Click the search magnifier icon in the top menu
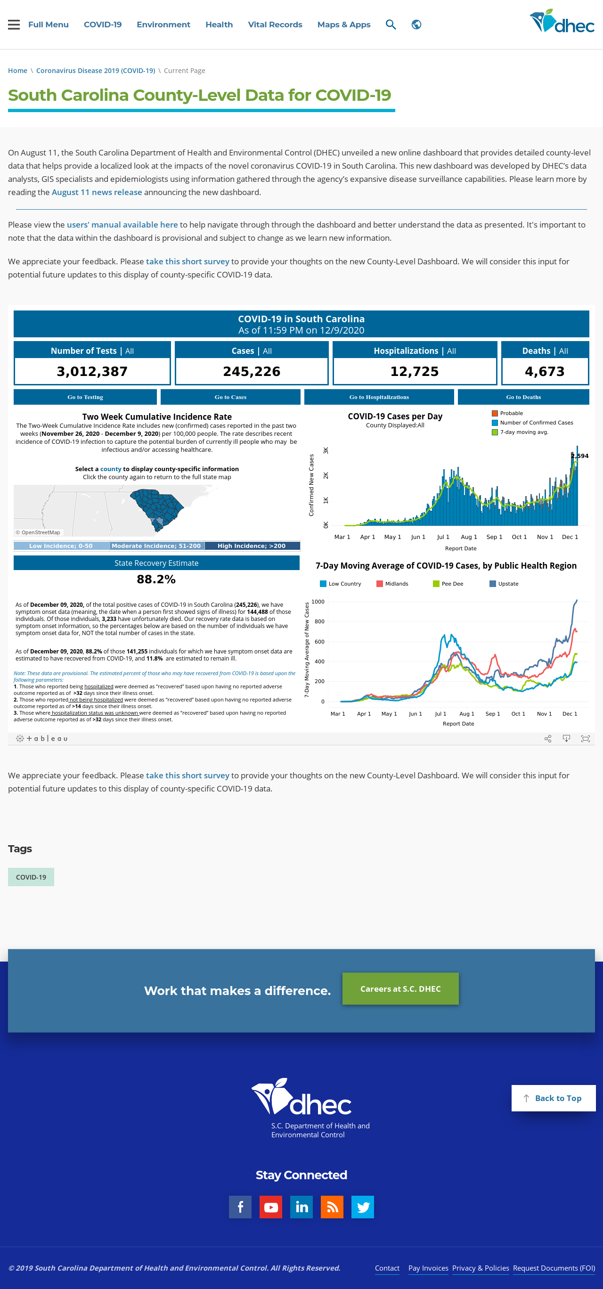coord(391,24)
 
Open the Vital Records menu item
coord(275,24)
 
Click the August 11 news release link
coord(97,192)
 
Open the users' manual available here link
coord(122,225)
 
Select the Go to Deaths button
coord(523,397)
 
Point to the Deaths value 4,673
coord(545,371)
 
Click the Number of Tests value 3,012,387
coord(92,371)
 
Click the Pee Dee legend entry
coord(448,583)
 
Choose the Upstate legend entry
coord(504,583)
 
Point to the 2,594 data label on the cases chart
coord(580,456)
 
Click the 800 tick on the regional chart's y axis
coord(319,621)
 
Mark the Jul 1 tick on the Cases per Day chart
coord(443,537)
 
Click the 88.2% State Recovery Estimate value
coord(156,579)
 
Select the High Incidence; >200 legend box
coord(252,546)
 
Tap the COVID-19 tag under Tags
coord(31,877)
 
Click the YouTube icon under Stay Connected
coord(271,1207)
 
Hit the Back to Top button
coord(553,1098)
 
